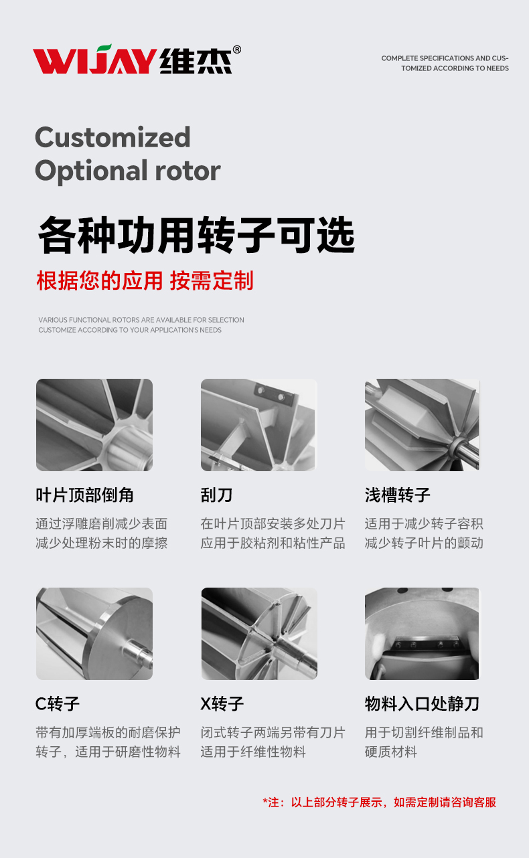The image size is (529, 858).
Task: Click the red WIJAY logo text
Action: (94, 60)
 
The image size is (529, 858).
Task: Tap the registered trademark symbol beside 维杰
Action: (237, 50)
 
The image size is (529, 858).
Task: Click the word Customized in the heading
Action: (112, 137)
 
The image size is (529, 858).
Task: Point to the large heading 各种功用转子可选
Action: (196, 235)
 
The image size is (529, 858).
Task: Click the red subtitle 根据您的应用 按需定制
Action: (145, 280)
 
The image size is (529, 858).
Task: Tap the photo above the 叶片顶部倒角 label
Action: (94, 425)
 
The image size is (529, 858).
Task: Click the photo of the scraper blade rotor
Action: (259, 425)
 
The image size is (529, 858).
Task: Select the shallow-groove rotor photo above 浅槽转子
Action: (422, 425)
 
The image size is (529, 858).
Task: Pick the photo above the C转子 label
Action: (94, 634)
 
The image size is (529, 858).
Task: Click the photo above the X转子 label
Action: (259, 634)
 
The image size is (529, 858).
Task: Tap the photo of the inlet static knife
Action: (422, 634)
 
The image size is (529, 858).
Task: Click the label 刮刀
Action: (216, 495)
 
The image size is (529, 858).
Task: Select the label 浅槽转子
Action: (398, 495)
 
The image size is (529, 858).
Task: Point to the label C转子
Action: (58, 703)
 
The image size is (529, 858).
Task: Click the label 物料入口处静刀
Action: (422, 703)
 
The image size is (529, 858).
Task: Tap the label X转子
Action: (222, 703)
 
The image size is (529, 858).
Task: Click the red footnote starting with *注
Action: (380, 802)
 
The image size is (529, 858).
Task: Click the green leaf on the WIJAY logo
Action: (104, 49)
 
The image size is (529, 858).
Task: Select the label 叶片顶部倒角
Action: (85, 495)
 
